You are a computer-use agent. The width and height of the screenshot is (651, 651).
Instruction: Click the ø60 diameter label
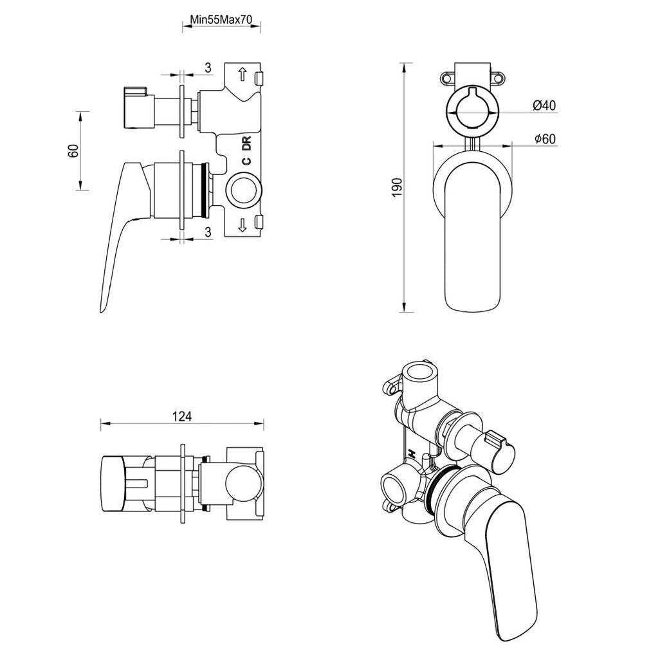point(544,139)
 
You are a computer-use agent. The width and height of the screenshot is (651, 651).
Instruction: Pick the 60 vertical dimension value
point(73,151)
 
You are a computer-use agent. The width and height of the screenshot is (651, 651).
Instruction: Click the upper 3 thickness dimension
point(208,68)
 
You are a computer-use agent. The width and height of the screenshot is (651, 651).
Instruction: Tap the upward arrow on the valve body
point(243,74)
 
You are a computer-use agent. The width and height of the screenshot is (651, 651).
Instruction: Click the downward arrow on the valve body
point(243,225)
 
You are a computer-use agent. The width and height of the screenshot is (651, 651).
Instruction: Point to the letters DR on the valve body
point(246,144)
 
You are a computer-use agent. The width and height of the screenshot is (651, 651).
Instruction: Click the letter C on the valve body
point(246,163)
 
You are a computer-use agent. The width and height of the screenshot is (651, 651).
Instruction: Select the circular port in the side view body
point(244,191)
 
